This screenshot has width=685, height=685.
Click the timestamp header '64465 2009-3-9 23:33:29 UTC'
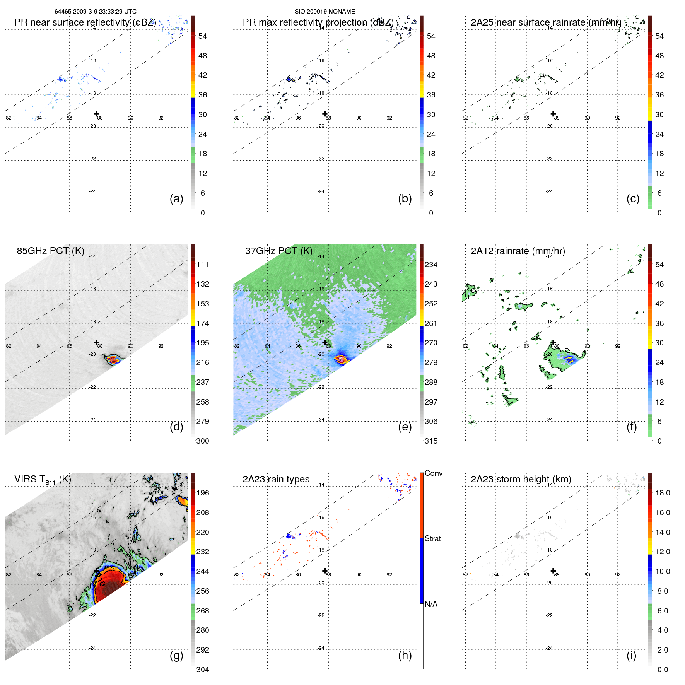pyautogui.click(x=95, y=12)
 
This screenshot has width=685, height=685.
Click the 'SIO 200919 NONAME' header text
pyautogui.click(x=325, y=12)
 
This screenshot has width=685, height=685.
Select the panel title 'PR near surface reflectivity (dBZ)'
pyautogui.click(x=85, y=22)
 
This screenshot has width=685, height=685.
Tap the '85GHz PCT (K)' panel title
pyautogui.click(x=50, y=251)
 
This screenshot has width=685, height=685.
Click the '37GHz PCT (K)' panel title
pyautogui.click(x=278, y=251)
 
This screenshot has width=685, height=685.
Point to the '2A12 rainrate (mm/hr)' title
pyautogui.click(x=518, y=251)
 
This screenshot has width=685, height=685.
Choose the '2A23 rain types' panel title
pyautogui.click(x=276, y=479)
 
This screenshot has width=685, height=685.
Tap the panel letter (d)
pyautogui.click(x=176, y=427)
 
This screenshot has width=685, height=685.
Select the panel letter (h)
pyautogui.click(x=405, y=655)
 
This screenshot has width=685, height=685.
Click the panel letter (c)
pyautogui.click(x=633, y=198)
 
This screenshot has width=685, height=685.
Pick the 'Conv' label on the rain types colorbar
pyautogui.click(x=434, y=473)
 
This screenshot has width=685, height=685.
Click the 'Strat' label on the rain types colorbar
pyautogui.click(x=433, y=538)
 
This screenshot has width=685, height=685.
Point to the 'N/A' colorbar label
pyautogui.click(x=431, y=604)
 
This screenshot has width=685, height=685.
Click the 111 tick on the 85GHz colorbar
pyautogui.click(x=203, y=265)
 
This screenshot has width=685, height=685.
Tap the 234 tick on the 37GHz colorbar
pyautogui.click(x=431, y=265)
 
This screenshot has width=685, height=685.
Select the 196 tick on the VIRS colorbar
pyautogui.click(x=203, y=493)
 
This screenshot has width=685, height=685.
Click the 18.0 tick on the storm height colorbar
pyautogui.click(x=662, y=493)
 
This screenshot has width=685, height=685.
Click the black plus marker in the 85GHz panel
pyautogui.click(x=97, y=342)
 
